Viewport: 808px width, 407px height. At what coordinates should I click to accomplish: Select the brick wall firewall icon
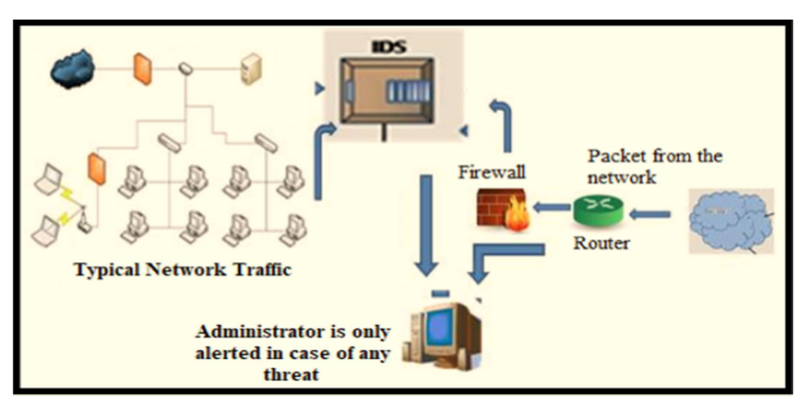(503, 209)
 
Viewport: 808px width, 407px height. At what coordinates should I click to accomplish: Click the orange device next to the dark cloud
(142, 68)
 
